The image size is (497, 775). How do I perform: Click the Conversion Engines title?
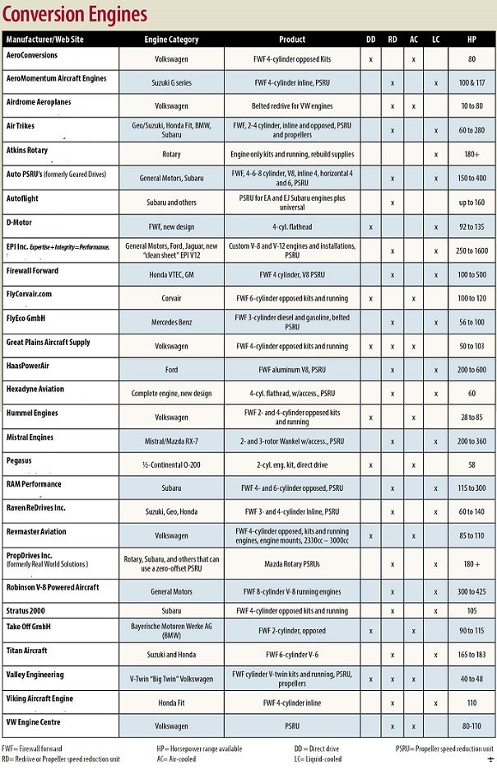[75, 14]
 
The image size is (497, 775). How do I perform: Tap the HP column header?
[471, 40]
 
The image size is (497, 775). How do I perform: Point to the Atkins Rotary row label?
[27, 151]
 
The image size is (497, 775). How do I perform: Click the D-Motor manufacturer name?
[20, 222]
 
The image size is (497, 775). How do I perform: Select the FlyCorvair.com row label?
[29, 293]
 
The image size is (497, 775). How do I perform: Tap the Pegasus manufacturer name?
[19, 460]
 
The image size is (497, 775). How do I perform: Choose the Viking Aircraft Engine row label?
[39, 699]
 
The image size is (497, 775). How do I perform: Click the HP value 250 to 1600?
[471, 250]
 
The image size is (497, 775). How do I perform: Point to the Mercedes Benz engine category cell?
[171, 323]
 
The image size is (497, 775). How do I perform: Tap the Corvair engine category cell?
[171, 299]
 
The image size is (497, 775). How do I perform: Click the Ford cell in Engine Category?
[171, 371]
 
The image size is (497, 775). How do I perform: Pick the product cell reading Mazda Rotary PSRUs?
[292, 565]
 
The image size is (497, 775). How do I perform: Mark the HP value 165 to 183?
[471, 656]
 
